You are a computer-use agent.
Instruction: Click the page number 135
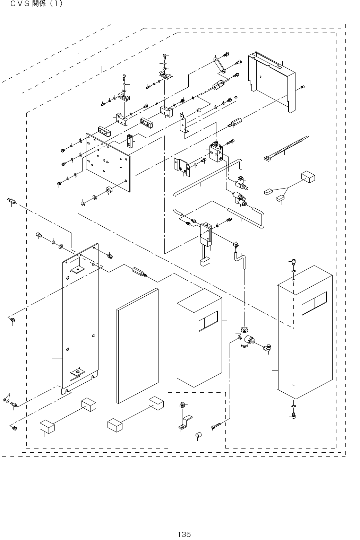point(185,534)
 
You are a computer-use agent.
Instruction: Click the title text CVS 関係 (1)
point(36,3)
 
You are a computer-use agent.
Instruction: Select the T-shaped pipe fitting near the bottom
point(246,337)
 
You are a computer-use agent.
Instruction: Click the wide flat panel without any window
point(138,346)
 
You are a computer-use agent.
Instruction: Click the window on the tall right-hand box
point(314,303)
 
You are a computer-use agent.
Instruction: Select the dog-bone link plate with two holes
point(219,64)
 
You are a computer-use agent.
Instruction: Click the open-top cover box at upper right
point(272,81)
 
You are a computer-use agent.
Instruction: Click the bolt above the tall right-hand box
point(293,262)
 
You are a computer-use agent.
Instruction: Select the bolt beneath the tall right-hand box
point(293,415)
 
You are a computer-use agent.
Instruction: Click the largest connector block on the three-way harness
point(308,177)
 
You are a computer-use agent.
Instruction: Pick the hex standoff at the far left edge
point(12,201)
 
